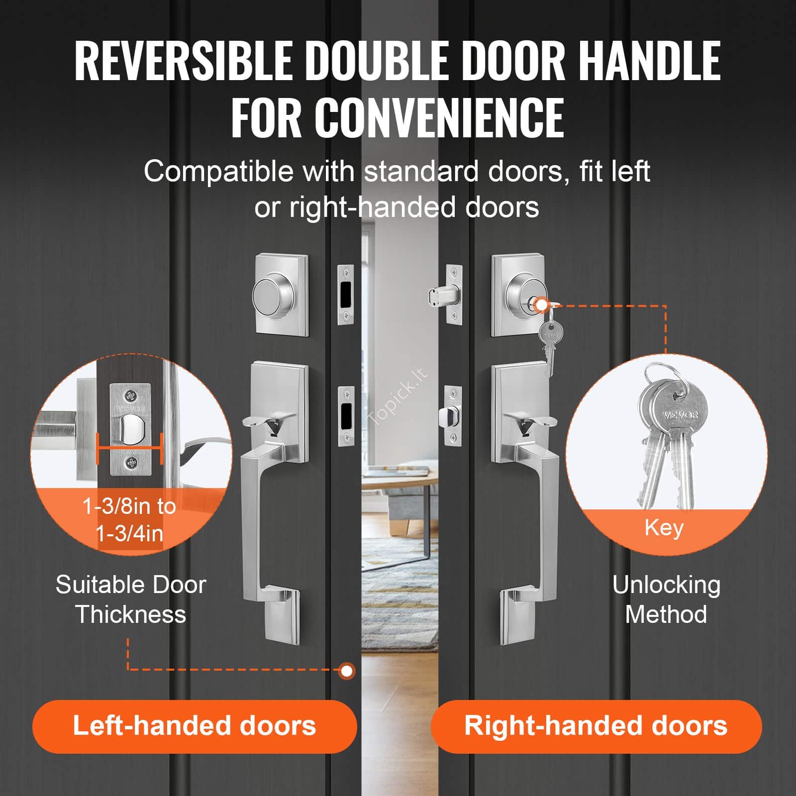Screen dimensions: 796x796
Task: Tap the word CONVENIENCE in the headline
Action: point(439,118)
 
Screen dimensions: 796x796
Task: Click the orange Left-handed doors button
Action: point(195,726)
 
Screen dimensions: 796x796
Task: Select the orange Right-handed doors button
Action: point(596,726)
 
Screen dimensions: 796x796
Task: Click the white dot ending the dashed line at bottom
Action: point(347,671)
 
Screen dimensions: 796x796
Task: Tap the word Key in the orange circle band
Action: point(664,528)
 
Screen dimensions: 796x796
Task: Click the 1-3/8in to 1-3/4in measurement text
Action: point(129,520)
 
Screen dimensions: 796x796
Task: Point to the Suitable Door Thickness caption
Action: point(131,599)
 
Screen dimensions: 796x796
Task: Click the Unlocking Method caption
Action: point(666,599)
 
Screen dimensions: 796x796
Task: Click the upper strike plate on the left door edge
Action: point(346,295)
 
